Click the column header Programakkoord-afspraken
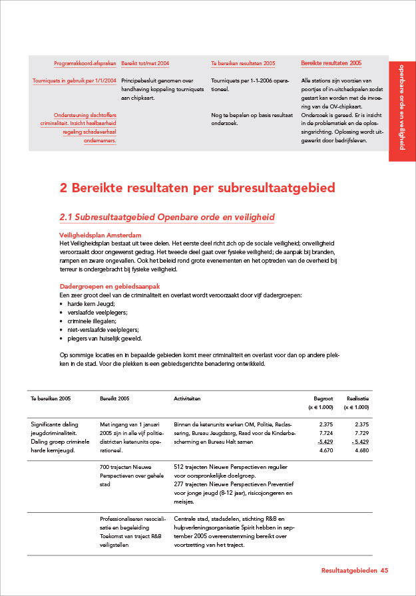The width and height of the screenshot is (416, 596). [x=85, y=64]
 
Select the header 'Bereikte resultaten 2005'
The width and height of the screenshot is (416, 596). [x=331, y=63]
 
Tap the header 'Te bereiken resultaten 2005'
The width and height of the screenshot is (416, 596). [x=243, y=64]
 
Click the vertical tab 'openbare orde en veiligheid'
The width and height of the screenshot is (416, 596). [x=402, y=107]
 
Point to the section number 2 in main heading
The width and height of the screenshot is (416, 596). [x=64, y=188]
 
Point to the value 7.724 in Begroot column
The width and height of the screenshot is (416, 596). [x=325, y=432]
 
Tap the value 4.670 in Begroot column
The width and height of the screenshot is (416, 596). [x=325, y=450]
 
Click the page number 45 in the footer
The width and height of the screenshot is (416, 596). [x=385, y=571]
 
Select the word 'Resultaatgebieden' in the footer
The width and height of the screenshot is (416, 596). [x=349, y=571]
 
